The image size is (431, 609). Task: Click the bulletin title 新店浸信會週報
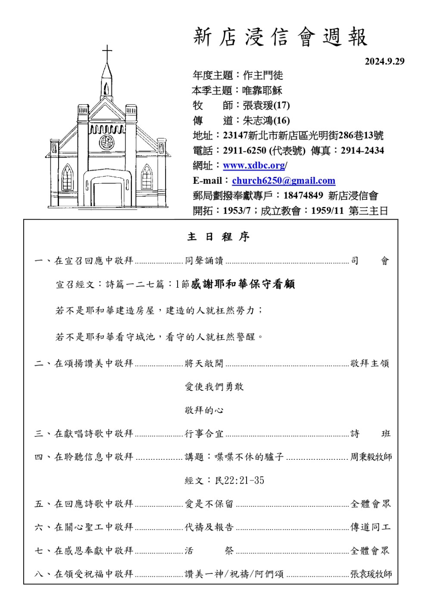click(x=280, y=37)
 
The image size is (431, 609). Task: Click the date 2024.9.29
click(x=384, y=61)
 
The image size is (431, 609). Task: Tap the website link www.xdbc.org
click(x=254, y=166)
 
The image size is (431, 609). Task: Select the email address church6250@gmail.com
click(x=284, y=181)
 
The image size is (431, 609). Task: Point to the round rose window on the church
click(x=106, y=142)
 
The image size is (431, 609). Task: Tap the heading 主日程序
click(x=218, y=237)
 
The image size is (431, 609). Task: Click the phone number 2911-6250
click(x=244, y=151)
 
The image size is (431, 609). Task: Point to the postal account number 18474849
click(x=303, y=195)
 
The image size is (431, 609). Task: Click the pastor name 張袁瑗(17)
click(x=266, y=105)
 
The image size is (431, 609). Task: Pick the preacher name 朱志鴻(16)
click(x=266, y=120)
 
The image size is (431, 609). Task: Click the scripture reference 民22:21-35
click(x=240, y=480)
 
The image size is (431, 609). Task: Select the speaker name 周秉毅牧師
click(x=371, y=457)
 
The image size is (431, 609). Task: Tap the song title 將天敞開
click(x=204, y=364)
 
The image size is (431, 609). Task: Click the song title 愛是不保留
click(x=209, y=504)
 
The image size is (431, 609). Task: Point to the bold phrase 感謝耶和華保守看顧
click(x=243, y=284)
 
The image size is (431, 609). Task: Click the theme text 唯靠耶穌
click(x=262, y=91)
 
